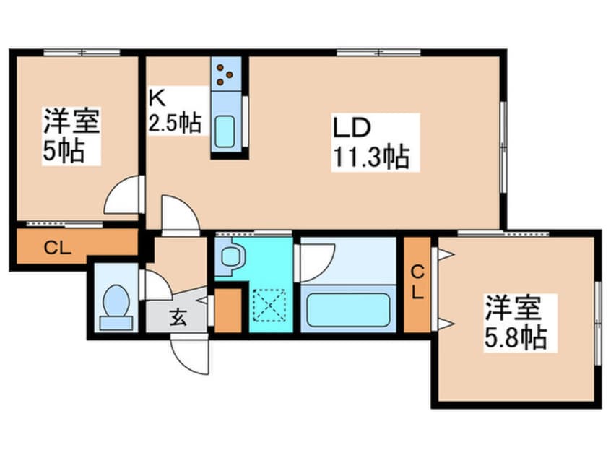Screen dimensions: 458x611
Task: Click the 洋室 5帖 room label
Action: pyautogui.click(x=70, y=135)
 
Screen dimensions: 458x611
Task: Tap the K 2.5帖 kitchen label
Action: pyautogui.click(x=175, y=111)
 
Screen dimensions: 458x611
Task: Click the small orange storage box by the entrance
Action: pyautogui.click(x=229, y=310)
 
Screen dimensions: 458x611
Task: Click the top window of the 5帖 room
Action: pyautogui.click(x=81, y=53)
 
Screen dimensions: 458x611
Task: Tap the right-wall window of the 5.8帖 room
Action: pyautogui.click(x=598, y=321)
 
